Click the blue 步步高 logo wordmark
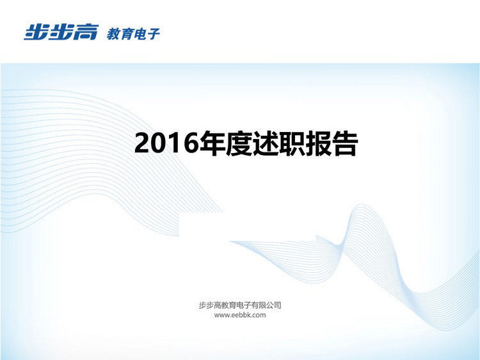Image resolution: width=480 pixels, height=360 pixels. (x=61, y=32)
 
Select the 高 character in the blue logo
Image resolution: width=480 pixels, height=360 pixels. (x=86, y=32)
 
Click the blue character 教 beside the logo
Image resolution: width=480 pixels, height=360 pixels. (x=113, y=34)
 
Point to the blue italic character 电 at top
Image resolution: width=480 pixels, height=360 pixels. (x=140, y=34)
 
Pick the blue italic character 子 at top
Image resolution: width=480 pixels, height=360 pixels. (x=153, y=34)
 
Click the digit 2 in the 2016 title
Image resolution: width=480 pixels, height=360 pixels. (x=142, y=143)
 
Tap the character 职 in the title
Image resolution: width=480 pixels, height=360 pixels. (x=292, y=143)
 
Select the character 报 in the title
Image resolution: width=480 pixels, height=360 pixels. (x=318, y=143)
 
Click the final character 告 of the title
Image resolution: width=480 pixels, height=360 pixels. (x=345, y=143)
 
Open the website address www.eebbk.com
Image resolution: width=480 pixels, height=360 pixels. (x=240, y=315)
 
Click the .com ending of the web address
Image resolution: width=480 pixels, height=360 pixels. (x=259, y=315)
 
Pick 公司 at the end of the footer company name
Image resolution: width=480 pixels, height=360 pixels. (x=274, y=305)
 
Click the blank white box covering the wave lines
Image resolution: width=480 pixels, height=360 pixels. (x=247, y=226)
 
